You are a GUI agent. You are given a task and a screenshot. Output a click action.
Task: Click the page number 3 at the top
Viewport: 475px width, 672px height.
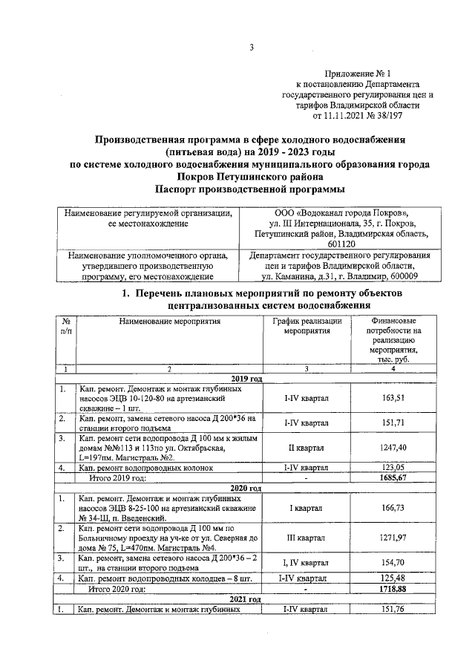coord(251,48)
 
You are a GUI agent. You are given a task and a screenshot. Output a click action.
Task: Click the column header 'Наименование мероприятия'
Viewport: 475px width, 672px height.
coord(168,321)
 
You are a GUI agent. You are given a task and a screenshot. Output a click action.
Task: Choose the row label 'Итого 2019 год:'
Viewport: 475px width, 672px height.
coord(117,478)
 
